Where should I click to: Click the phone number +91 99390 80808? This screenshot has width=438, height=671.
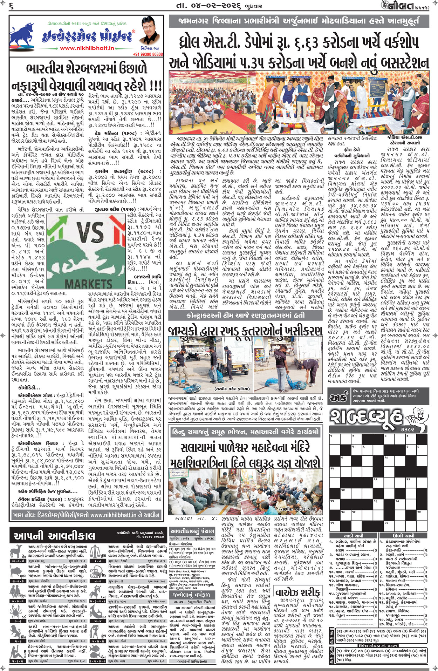point(148,54)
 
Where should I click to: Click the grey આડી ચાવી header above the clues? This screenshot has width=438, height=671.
point(353,536)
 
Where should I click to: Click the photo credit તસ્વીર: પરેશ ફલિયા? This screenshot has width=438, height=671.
point(227,389)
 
